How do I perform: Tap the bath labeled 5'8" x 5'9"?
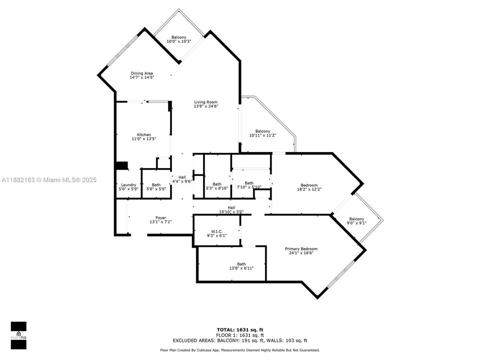coord(156,187)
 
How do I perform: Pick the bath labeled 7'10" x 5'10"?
coord(249,185)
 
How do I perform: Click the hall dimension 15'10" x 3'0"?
coord(231,212)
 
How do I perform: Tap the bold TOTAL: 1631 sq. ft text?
coord(240,329)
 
